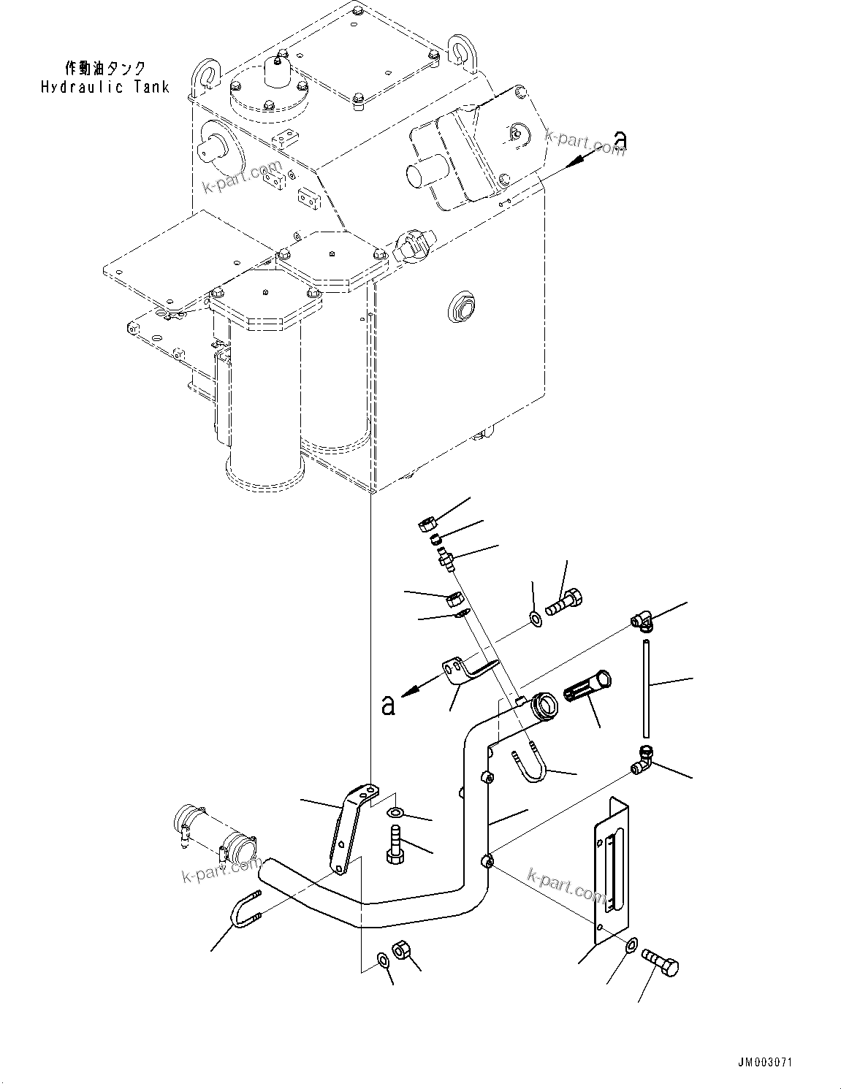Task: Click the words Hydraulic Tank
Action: pyautogui.click(x=105, y=87)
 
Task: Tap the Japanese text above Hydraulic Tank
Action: pyautogui.click(x=105, y=69)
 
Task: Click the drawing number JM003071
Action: pyautogui.click(x=765, y=1062)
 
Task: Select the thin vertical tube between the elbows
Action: pyautogui.click(x=646, y=688)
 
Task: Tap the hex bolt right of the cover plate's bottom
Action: pyautogui.click(x=661, y=961)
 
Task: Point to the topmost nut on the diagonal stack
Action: pyautogui.click(x=428, y=524)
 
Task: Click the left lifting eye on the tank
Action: pyautogui.click(x=205, y=75)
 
